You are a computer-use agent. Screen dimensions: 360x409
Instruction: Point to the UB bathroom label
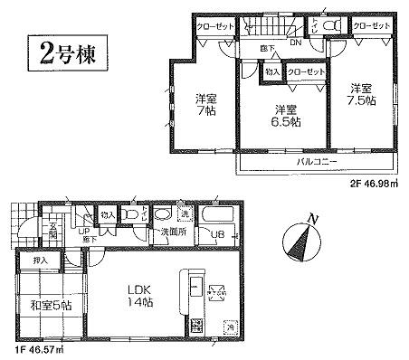[217, 236]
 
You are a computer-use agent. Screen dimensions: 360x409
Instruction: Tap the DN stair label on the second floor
[296, 42]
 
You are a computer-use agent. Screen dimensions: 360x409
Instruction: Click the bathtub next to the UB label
[218, 216]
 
